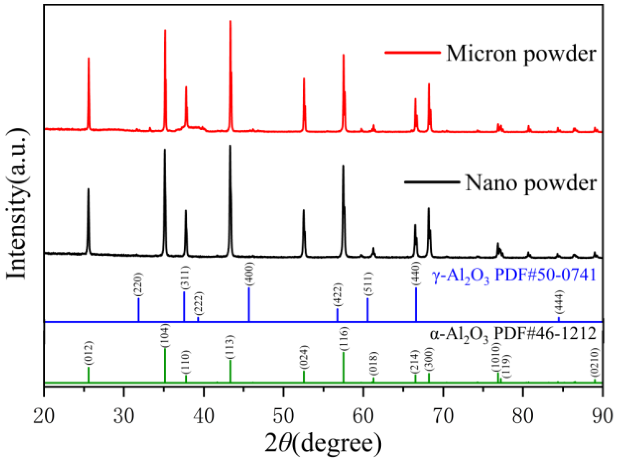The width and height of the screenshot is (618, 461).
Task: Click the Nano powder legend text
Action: click(531, 183)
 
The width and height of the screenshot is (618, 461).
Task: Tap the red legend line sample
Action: click(413, 52)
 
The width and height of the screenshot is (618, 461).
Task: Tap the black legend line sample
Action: click(432, 182)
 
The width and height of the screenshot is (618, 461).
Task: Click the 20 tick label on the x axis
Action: click(44, 416)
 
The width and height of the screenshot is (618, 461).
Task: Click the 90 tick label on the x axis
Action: click(602, 416)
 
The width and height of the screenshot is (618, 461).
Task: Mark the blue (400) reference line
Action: click(249, 304)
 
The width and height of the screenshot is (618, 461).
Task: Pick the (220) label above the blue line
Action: click(138, 284)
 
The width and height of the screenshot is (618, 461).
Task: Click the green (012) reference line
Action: click(88, 375)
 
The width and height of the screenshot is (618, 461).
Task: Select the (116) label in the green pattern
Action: click(343, 339)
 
